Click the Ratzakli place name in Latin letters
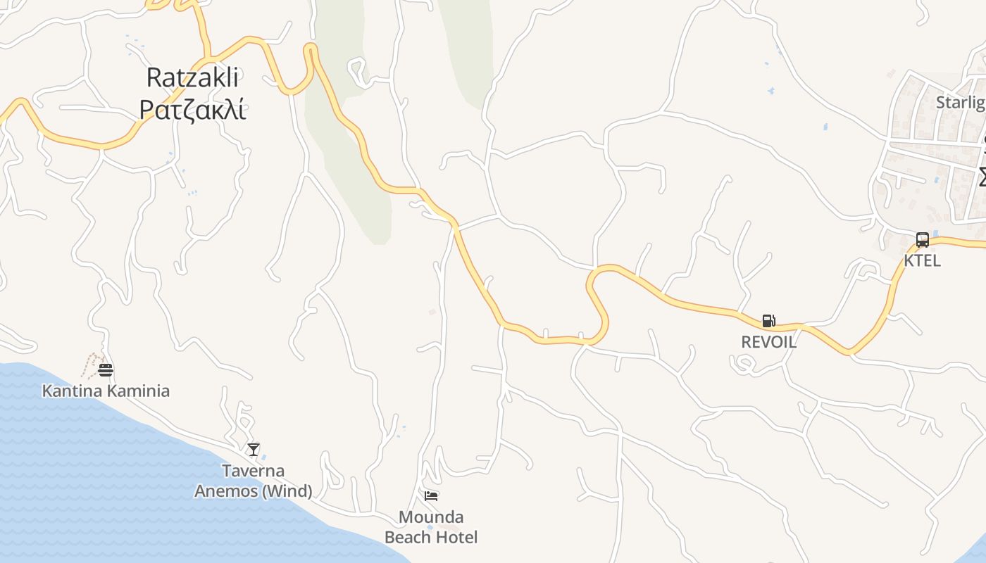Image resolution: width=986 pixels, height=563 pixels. pos(192,77)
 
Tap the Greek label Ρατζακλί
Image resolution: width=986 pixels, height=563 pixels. pos(192,110)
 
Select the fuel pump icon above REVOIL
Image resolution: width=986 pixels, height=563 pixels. pos(768,321)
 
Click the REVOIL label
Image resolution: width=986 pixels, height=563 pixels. pos(768,342)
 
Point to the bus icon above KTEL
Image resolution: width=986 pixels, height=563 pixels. pos(922,239)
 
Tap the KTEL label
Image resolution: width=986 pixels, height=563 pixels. pos(922,260)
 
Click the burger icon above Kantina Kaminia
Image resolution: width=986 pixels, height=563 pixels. pos(106,369)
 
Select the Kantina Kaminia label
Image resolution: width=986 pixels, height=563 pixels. pos(106,391)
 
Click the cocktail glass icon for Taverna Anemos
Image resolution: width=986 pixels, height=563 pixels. pos(254,449)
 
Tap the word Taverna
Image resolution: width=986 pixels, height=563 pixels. pos(254,471)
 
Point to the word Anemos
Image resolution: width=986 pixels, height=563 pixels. pos(225,491)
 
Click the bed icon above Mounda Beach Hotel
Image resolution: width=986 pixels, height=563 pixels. pos(431,496)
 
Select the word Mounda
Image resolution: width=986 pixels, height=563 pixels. pos(431,517)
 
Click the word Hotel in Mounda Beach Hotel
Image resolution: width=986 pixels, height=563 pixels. pos(456,537)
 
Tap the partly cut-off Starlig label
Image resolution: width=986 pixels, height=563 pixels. pos(960,103)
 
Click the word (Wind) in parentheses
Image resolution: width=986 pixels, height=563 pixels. pos(287,491)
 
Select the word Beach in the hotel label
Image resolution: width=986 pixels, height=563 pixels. pos(407,537)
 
